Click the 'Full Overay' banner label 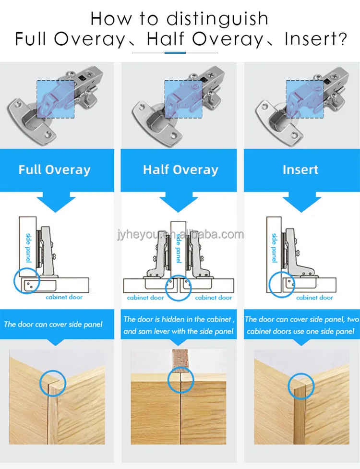click(x=54, y=169)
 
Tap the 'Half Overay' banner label click(x=180, y=169)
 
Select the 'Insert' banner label click(x=300, y=169)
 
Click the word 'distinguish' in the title click(x=217, y=19)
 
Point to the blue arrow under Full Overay click(x=56, y=202)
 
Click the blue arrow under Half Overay click(x=179, y=202)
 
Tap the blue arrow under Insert click(x=302, y=202)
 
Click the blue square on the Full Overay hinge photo click(x=56, y=99)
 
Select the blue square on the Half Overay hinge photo click(x=183, y=99)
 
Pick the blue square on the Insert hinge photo click(x=305, y=99)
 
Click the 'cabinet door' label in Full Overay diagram click(x=64, y=297)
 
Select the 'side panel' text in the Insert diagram click(x=274, y=248)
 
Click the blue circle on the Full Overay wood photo click(x=40, y=383)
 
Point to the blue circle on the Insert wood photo click(x=288, y=386)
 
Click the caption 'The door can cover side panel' click(x=53, y=324)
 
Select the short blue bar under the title click(x=175, y=53)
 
